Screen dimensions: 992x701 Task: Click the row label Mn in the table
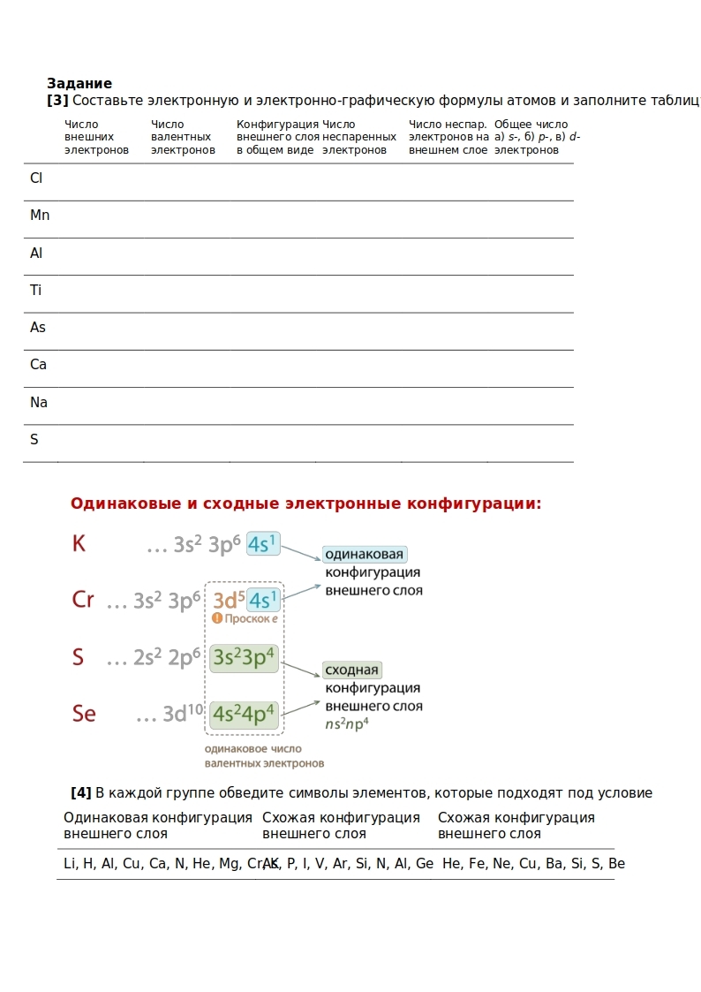click(x=40, y=216)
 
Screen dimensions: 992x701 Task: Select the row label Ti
click(x=36, y=291)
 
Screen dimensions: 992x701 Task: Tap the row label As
click(x=38, y=328)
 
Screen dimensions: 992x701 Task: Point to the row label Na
click(x=39, y=403)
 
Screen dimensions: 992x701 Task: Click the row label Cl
click(x=36, y=178)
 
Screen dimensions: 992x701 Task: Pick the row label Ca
click(x=39, y=365)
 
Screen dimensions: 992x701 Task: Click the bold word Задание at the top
click(x=79, y=84)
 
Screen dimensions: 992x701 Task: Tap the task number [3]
click(x=57, y=101)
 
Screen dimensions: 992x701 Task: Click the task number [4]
click(x=81, y=793)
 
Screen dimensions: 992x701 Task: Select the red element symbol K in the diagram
click(x=79, y=544)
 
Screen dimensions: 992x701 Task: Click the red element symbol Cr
click(x=83, y=601)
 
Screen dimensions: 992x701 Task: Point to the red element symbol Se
click(x=84, y=714)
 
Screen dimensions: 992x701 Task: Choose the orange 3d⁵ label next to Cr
click(x=229, y=601)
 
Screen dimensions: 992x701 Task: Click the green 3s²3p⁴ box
click(x=244, y=658)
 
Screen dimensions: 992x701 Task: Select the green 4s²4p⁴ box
click(x=244, y=714)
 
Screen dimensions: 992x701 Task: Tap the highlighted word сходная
click(x=352, y=670)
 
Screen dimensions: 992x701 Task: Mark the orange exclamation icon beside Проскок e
click(x=217, y=618)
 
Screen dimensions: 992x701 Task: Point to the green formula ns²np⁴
click(x=347, y=723)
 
